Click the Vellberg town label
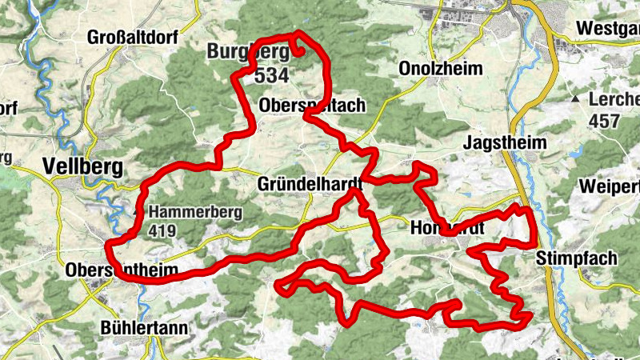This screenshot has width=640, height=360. pos(85,166)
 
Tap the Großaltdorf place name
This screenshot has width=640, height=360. pos(134,38)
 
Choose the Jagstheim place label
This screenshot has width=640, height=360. pos(505,142)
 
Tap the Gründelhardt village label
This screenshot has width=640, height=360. pos(310,184)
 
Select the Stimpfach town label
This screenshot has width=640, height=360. pos(577,258)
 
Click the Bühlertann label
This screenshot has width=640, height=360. pos(144,328)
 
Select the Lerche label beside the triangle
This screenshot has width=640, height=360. pos(614,100)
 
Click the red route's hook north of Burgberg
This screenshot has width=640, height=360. pos(301,44)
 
